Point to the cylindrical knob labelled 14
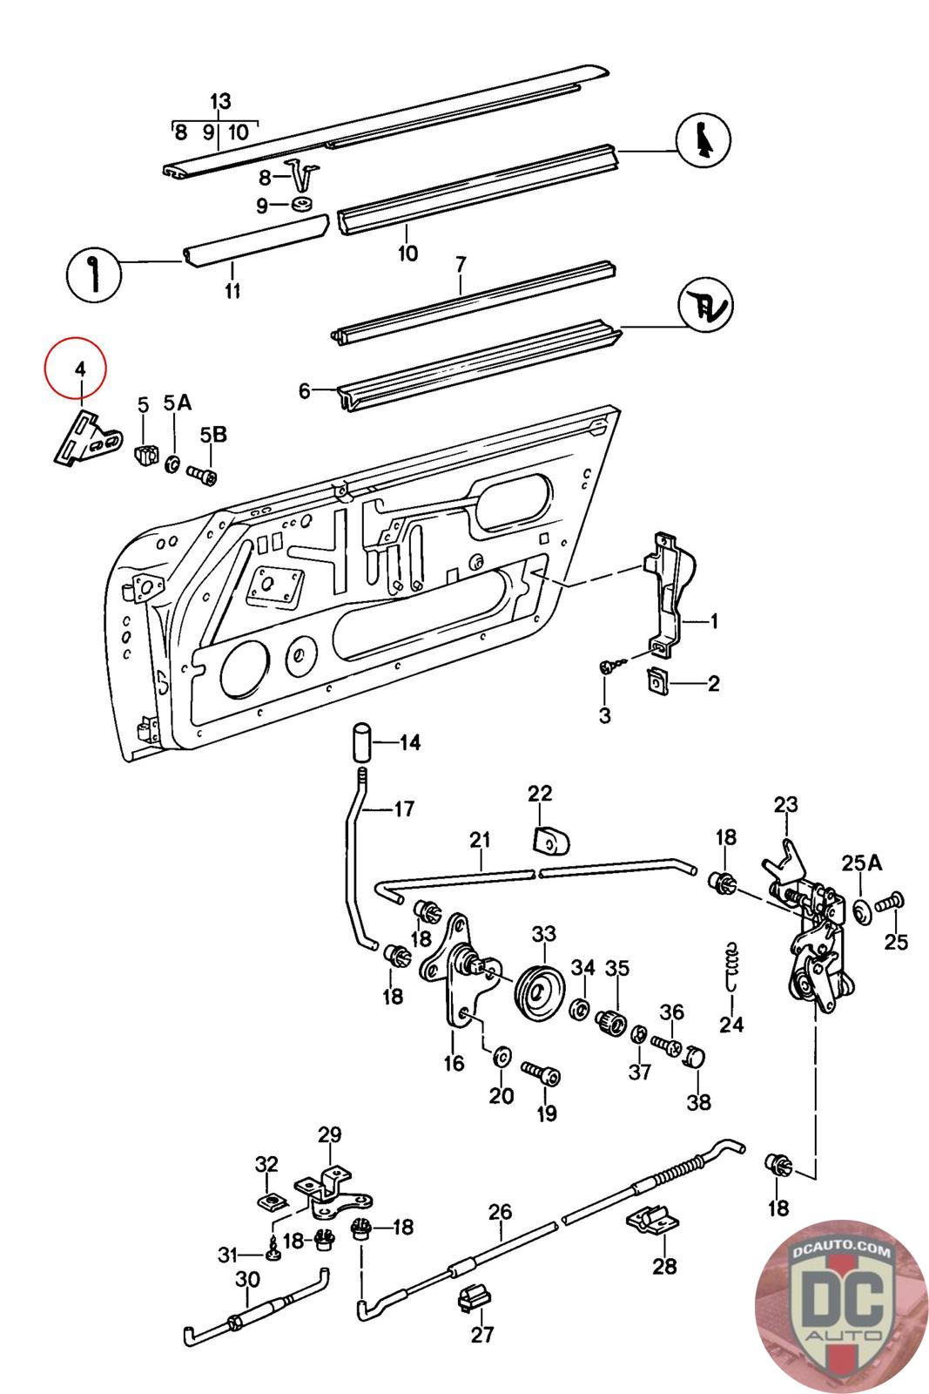pyautogui.click(x=362, y=742)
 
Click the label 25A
pyautogui.click(x=862, y=863)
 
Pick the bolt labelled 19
pyautogui.click(x=541, y=1073)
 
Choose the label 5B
pyautogui.click(x=213, y=435)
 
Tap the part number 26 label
pyautogui.click(x=501, y=1212)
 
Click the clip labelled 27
pyautogui.click(x=470, y=1297)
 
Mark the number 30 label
pyautogui.click(x=247, y=1280)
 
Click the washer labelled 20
pyautogui.click(x=502, y=1058)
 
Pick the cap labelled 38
pyautogui.click(x=692, y=1057)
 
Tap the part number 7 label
pyautogui.click(x=461, y=262)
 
